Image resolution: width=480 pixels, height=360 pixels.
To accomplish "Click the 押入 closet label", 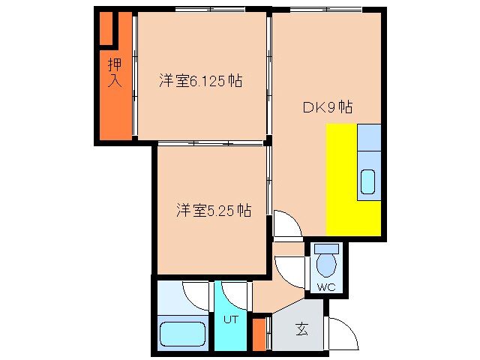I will [114, 73].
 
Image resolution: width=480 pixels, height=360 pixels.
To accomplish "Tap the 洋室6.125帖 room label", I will [200, 80].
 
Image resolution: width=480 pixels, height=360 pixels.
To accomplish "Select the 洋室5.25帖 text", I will [214, 211].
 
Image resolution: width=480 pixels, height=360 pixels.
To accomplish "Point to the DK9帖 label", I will [328, 107].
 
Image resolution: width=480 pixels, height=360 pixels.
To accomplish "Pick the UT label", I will [230, 319].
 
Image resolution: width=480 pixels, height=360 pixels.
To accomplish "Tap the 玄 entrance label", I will [301, 328].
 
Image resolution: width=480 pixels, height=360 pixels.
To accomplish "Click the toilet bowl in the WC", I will [326, 266].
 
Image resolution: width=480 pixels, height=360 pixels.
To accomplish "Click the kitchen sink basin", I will [369, 182].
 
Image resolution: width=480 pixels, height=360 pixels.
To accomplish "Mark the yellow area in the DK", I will [341, 180].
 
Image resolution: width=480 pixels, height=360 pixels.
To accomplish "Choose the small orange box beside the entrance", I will [259, 334].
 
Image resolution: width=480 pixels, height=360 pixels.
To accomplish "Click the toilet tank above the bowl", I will [326, 249].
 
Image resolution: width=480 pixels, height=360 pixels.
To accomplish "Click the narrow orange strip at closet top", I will [106, 30].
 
